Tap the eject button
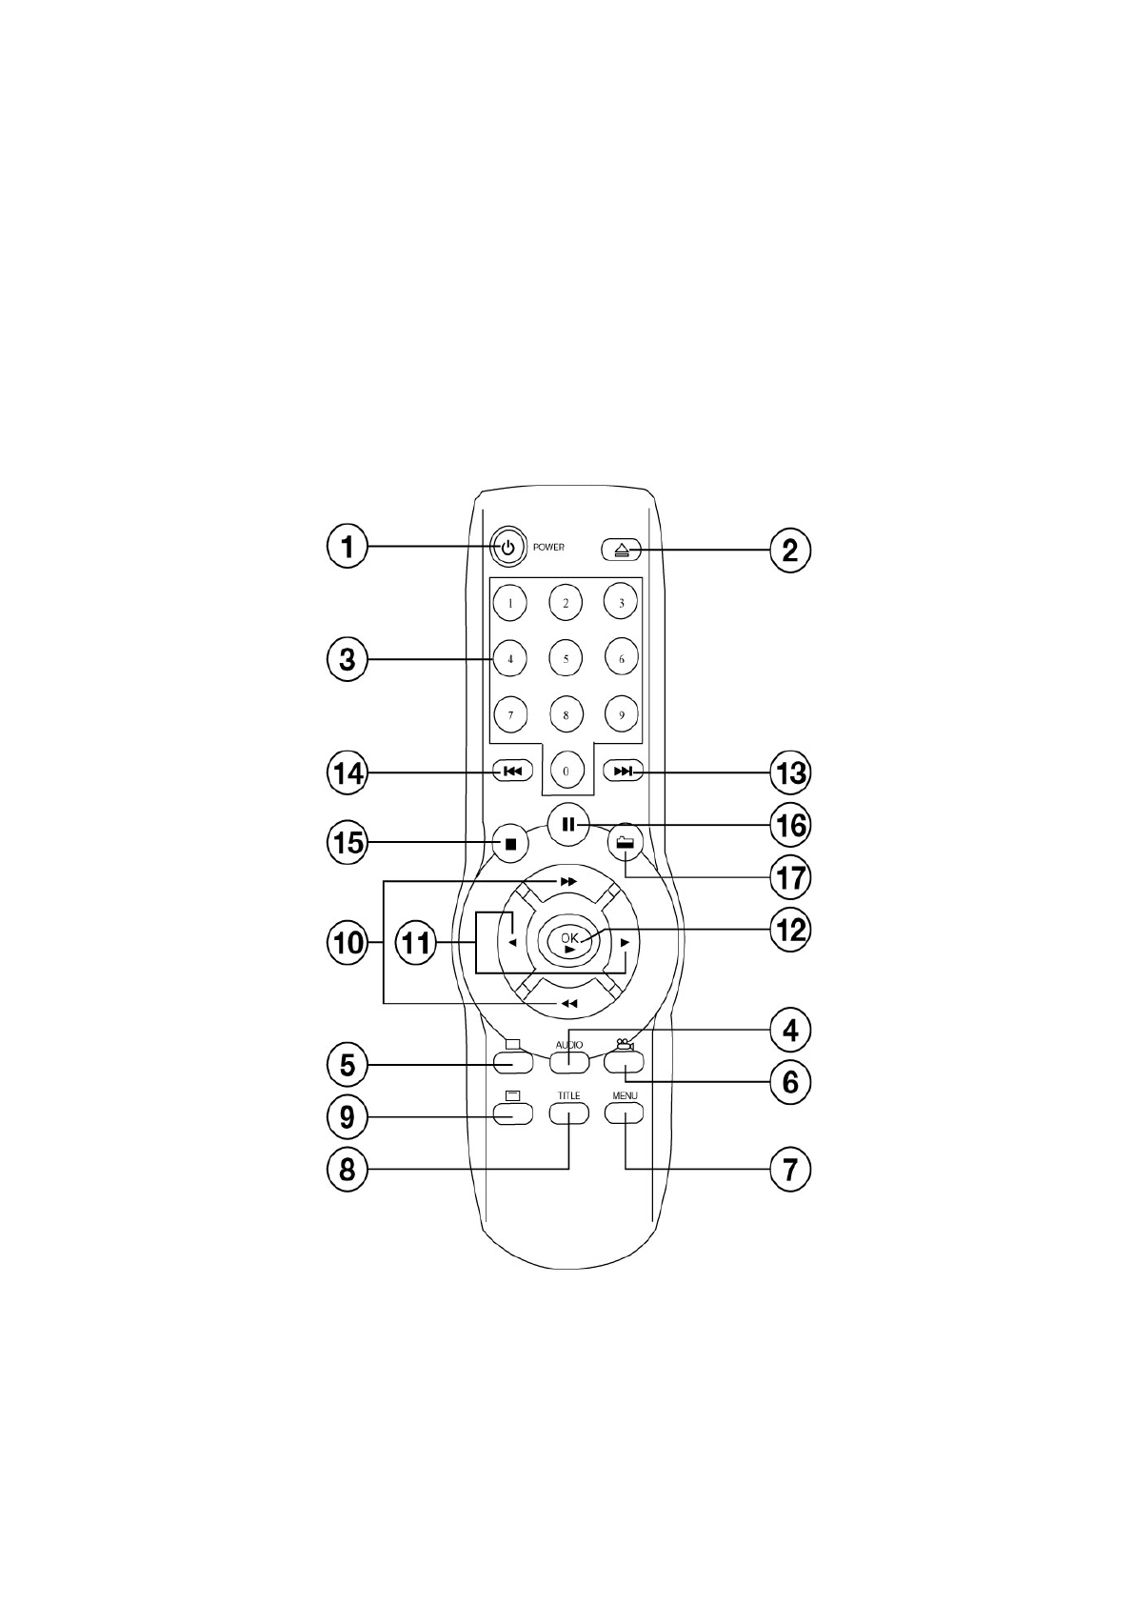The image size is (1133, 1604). click(x=622, y=550)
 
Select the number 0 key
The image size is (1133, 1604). click(x=566, y=771)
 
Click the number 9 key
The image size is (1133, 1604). click(x=622, y=714)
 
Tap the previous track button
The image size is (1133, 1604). click(x=512, y=772)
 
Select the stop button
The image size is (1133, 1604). click(x=510, y=844)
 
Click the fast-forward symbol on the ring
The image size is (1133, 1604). click(x=568, y=882)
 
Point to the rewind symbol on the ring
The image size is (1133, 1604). click(x=568, y=1004)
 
